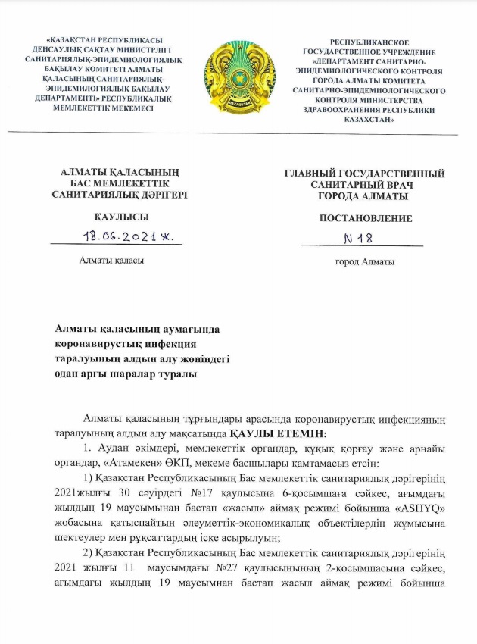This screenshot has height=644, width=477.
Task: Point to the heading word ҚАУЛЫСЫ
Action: (117, 217)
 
